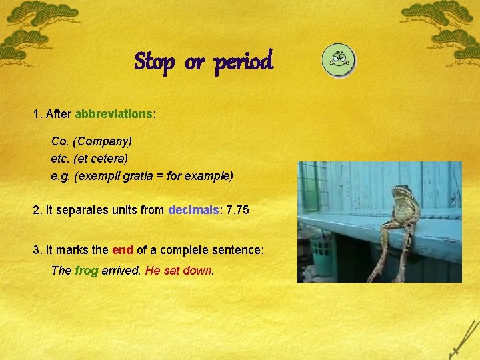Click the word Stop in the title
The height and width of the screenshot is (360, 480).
[x=154, y=62]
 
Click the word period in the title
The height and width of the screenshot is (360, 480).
[x=243, y=62]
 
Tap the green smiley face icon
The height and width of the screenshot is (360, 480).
[x=339, y=61]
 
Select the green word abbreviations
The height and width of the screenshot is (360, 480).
[x=113, y=114]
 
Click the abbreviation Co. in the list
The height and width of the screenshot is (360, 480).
[x=61, y=141]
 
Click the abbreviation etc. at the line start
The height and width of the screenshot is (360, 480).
[x=61, y=159]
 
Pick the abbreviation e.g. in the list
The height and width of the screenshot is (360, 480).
[x=61, y=176]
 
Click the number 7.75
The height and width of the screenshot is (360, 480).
[x=238, y=210]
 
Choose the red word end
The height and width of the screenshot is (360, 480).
[x=123, y=250]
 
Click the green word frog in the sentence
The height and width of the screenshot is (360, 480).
[x=87, y=271]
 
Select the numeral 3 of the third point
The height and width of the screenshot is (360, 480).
[x=36, y=250]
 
